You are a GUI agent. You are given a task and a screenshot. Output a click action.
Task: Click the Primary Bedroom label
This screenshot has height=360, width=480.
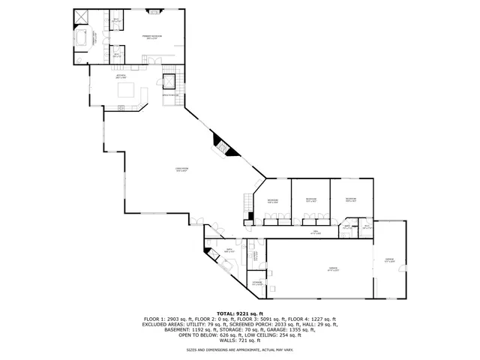tap(154, 37)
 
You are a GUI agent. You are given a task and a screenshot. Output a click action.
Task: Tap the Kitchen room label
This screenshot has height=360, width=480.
tap(120, 76)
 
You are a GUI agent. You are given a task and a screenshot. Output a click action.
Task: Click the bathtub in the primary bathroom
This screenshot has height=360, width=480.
tap(82, 38)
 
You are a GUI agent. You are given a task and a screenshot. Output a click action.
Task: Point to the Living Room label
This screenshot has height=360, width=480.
tap(181, 169)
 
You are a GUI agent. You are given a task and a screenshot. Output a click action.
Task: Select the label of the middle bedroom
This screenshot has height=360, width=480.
tap(310, 201)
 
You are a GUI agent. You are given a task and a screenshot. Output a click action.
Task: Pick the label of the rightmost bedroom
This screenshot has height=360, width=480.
tap(350, 199)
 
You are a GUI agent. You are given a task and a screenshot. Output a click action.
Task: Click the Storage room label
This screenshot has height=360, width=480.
tap(256, 283)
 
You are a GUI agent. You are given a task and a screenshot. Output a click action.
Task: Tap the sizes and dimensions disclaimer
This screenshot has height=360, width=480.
tap(240, 350)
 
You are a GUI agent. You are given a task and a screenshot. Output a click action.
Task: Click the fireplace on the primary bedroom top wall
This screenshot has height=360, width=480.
tap(154, 12)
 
